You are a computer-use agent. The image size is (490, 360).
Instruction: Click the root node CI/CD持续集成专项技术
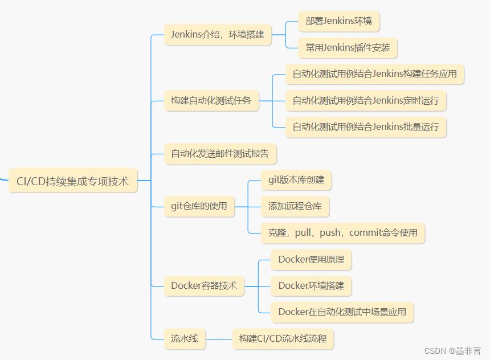tap(73, 181)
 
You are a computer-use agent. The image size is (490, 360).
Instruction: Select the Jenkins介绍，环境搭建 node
tap(218, 35)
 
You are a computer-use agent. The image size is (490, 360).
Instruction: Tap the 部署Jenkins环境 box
tap(338, 21)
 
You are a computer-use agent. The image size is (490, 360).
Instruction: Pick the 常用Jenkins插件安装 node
tap(348, 48)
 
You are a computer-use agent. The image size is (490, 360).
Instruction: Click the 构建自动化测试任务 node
tap(211, 101)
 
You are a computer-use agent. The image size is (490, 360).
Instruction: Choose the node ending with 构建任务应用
tap(374, 74)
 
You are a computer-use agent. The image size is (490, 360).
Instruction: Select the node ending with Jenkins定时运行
tap(366, 101)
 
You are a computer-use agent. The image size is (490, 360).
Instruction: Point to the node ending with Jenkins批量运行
tap(366, 127)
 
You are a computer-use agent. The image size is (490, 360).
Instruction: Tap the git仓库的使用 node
tap(199, 206)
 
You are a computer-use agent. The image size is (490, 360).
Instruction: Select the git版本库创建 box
tap(296, 180)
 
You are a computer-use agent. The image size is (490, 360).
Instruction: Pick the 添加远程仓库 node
tap(295, 206)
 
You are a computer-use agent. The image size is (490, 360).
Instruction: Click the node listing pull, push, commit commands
tap(343, 232)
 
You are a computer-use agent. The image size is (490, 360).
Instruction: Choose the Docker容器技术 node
tap(204, 286)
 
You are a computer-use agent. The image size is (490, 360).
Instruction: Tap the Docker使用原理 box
tap(311, 260)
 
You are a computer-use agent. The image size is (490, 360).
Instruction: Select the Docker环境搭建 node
tap(311, 286)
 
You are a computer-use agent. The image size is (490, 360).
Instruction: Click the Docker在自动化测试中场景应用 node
tap(342, 312)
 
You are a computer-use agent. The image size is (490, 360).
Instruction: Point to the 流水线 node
tap(185, 338)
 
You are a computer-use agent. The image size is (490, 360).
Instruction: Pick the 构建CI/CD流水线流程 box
tap(283, 338)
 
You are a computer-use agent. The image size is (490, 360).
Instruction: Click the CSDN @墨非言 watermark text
tap(453, 351)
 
